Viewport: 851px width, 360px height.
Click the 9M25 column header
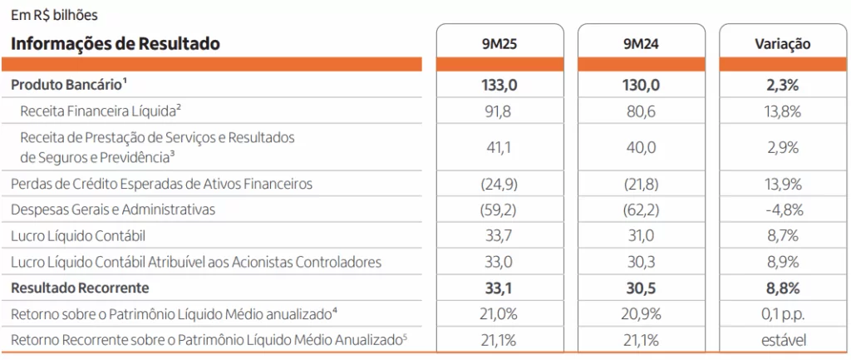(499, 44)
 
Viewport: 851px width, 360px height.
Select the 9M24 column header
(641, 44)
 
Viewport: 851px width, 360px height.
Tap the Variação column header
(782, 44)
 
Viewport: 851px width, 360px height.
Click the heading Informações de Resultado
(116, 44)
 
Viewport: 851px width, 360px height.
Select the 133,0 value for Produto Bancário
(499, 84)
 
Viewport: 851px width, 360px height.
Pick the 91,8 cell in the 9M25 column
(499, 110)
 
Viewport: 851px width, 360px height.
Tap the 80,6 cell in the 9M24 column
(641, 110)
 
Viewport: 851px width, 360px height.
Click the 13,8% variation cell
(782, 110)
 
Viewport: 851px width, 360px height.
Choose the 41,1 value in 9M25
(499, 146)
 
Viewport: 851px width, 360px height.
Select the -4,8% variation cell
(782, 210)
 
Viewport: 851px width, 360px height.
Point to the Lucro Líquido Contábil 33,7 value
(499, 236)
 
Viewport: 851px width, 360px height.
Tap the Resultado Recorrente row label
(80, 288)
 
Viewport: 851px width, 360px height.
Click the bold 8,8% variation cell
(782, 288)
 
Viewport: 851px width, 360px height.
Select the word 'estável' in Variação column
(782, 340)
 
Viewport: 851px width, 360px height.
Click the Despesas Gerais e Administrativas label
(112, 210)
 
